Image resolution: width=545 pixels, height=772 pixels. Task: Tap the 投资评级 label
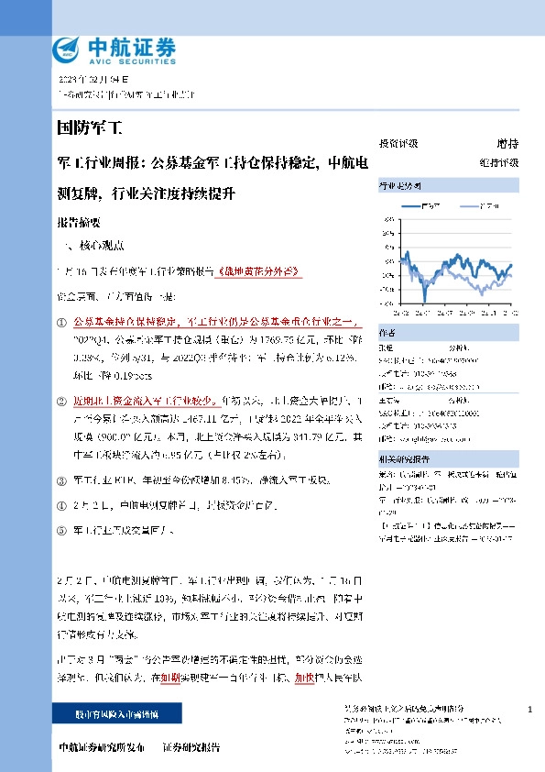(398, 144)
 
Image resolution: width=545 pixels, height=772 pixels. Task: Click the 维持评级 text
(498, 162)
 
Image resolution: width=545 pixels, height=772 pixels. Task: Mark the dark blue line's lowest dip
(424, 299)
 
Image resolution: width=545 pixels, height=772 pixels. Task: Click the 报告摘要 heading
(78, 223)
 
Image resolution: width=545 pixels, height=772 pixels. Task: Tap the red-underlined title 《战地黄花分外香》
(260, 272)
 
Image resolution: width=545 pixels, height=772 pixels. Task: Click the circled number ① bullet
(61, 323)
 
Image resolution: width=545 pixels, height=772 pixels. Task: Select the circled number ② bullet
(61, 401)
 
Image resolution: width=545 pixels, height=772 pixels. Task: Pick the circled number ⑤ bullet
(61, 530)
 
